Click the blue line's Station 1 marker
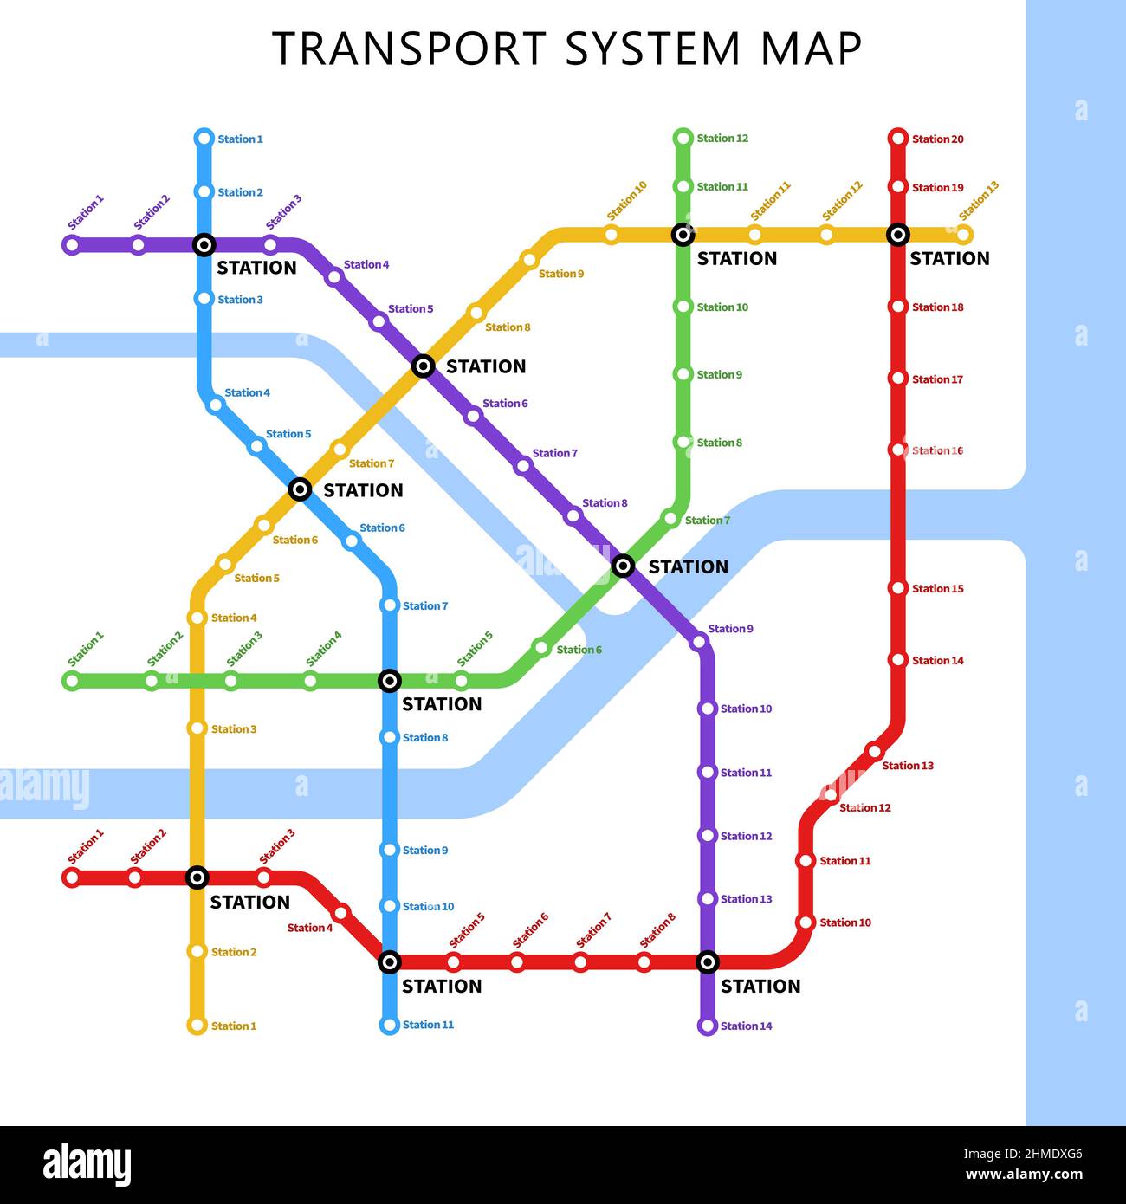[204, 138]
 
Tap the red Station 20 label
[937, 139]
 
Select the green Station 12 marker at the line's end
[683, 137]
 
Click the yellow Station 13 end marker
[964, 234]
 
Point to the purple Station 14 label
[746, 1026]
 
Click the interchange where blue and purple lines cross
[204, 245]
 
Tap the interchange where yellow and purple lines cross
[423, 366]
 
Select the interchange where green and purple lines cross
[623, 566]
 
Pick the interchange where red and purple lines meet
[708, 961]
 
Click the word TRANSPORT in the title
[410, 49]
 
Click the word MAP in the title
[811, 49]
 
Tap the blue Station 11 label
[428, 1025]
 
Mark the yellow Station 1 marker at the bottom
[197, 1026]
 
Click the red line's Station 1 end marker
[72, 877]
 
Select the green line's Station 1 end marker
[72, 681]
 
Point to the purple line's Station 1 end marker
[72, 245]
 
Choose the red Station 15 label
[937, 588]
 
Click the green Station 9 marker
[683, 374]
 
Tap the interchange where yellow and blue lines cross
[300, 489]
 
